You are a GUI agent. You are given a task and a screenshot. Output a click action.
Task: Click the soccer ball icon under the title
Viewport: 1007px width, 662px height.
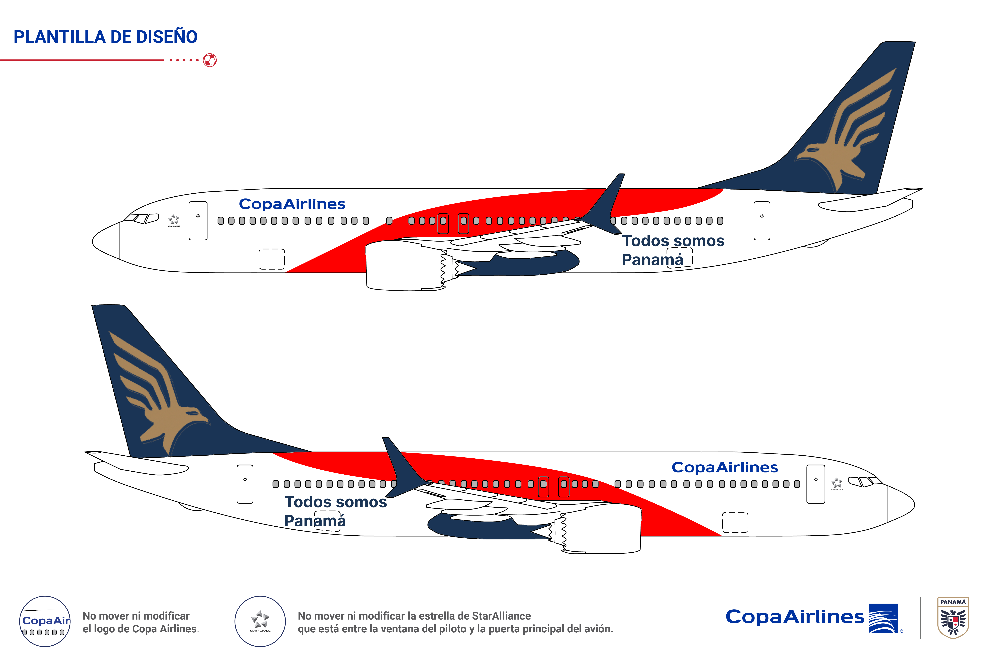[210, 60]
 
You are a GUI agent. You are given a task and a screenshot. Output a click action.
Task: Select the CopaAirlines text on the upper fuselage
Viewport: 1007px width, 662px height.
[292, 204]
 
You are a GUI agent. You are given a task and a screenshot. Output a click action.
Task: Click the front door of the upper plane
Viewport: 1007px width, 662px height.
[198, 221]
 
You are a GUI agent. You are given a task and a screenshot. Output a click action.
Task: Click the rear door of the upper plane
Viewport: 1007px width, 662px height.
[762, 221]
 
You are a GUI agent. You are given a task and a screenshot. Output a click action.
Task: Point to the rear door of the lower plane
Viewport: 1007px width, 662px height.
[245, 484]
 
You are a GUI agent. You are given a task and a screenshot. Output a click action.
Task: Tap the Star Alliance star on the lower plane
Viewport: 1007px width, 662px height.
[836, 483]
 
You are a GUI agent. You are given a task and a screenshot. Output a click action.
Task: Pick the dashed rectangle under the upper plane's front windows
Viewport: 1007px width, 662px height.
[272, 259]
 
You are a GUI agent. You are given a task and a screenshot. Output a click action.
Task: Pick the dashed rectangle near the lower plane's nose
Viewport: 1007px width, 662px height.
[735, 522]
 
